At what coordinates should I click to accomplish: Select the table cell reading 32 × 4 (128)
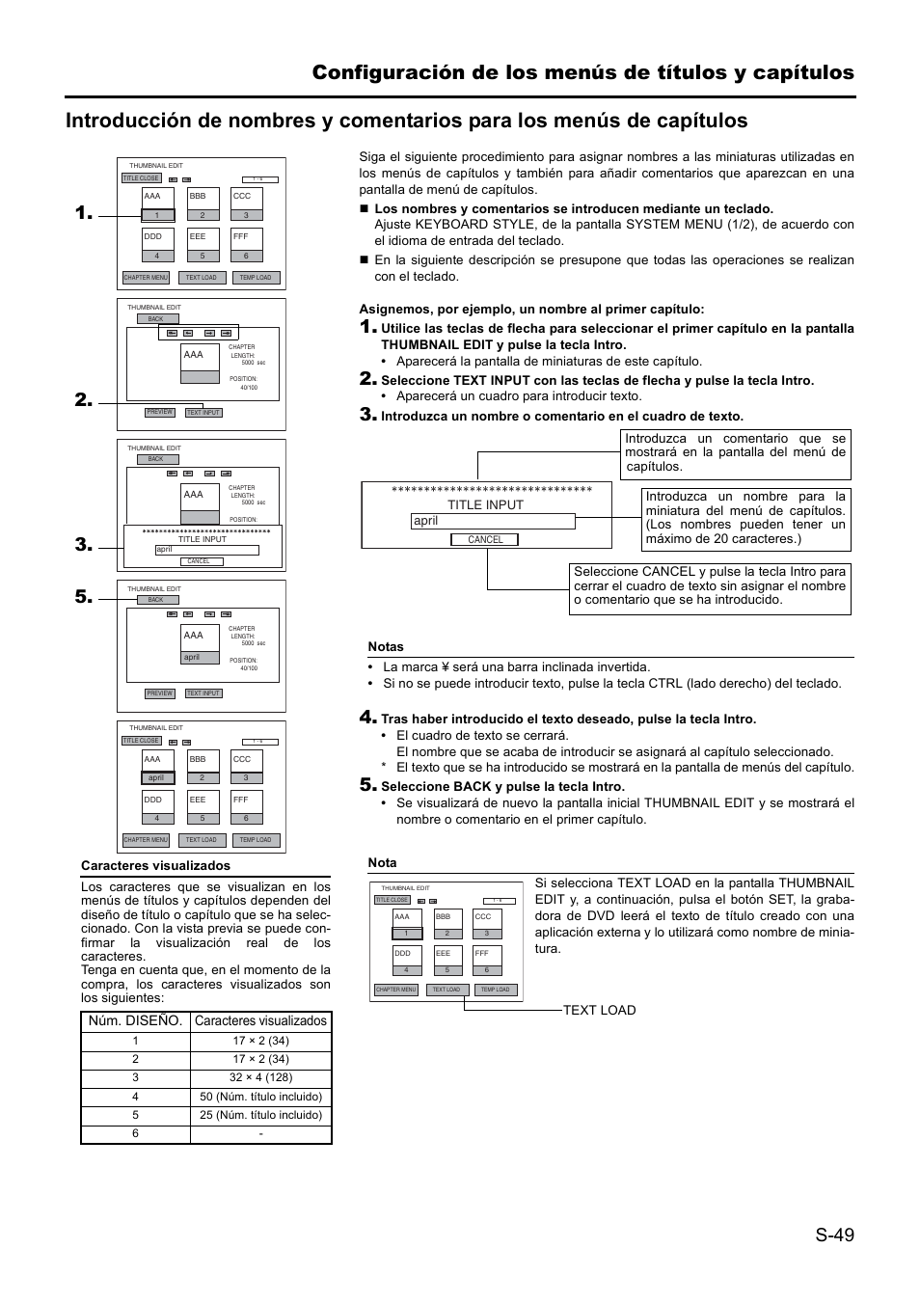click(x=260, y=1077)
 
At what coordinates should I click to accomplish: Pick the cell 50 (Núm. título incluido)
click(x=260, y=1097)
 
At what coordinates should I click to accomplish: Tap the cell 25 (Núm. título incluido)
click(x=260, y=1115)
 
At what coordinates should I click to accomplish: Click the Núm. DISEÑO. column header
click(x=136, y=1020)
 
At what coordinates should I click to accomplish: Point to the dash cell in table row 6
click(x=260, y=1133)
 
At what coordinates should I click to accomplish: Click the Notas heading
click(x=386, y=647)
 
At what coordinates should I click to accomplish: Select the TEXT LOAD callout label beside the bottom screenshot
click(x=599, y=1010)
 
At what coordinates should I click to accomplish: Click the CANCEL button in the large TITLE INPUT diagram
click(x=485, y=540)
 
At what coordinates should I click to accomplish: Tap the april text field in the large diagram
click(x=492, y=521)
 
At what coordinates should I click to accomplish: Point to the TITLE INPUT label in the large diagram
click(x=485, y=504)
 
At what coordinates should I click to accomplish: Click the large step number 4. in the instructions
click(x=367, y=718)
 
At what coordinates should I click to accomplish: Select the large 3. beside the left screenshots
click(x=83, y=545)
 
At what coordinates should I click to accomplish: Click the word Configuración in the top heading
click(x=391, y=72)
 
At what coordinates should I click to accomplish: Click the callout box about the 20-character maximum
click(x=745, y=518)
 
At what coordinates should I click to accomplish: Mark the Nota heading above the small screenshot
click(x=382, y=863)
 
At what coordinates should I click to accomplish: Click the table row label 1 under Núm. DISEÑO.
click(x=136, y=1041)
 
